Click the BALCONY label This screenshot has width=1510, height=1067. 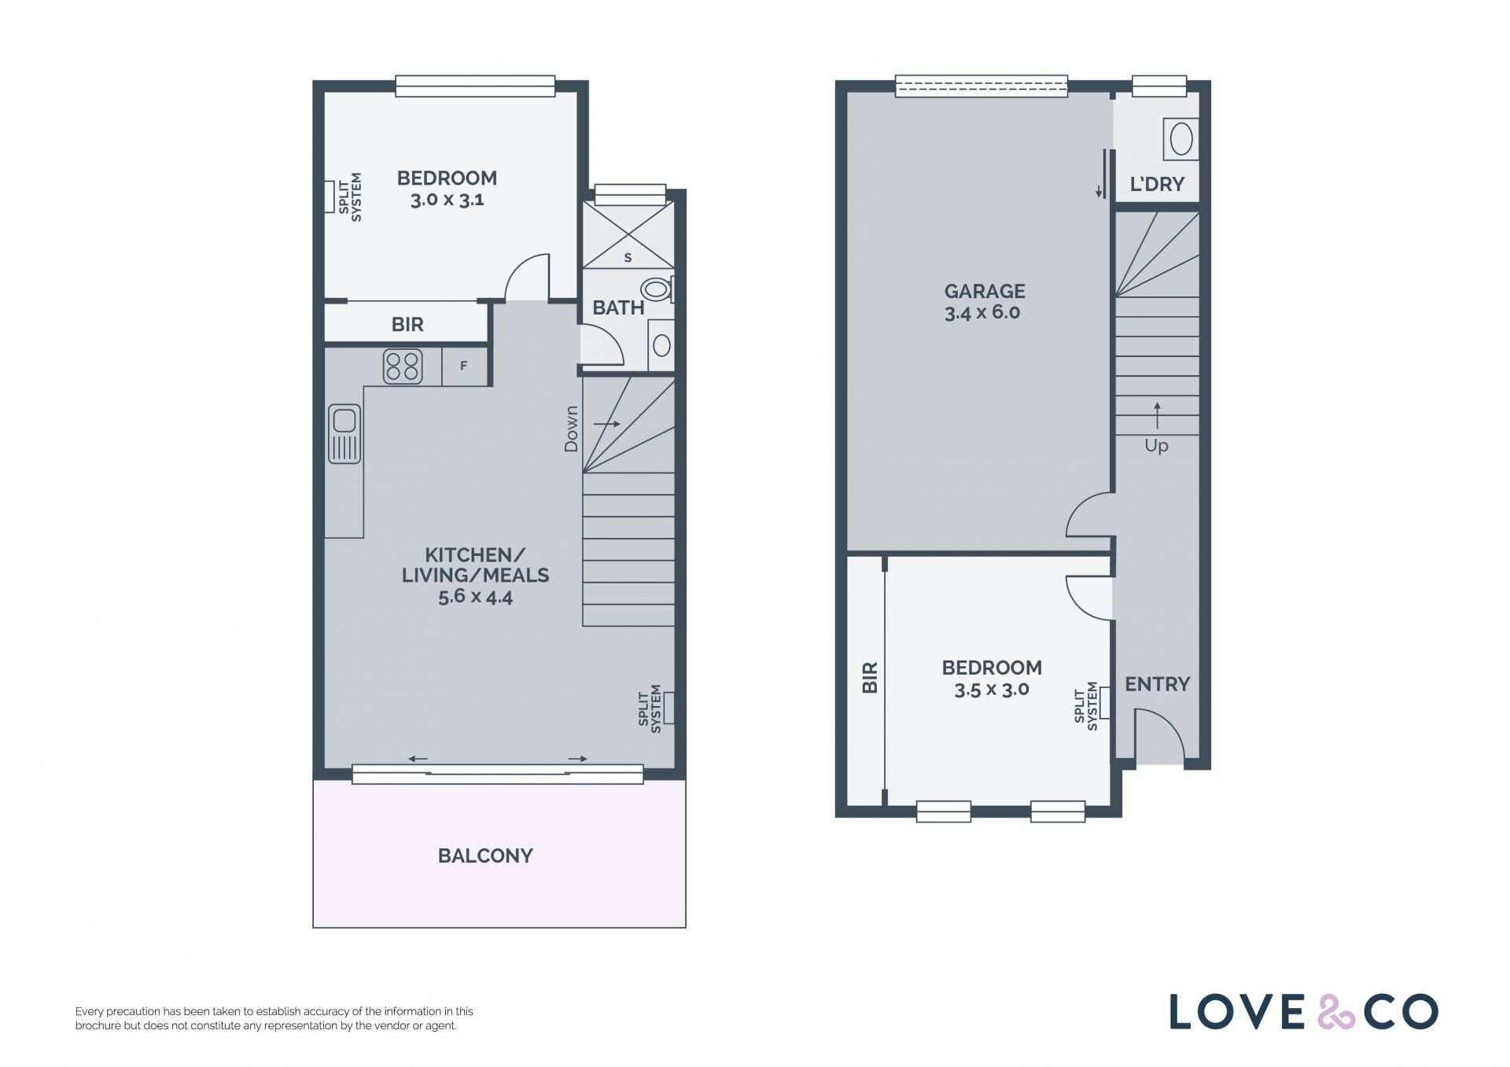tap(485, 855)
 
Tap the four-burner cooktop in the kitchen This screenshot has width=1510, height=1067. tap(403, 366)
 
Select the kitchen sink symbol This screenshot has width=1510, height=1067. tap(344, 433)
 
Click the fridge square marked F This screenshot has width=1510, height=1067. tap(464, 366)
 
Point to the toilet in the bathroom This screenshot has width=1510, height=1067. tap(657, 290)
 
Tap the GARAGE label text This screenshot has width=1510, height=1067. tap(985, 292)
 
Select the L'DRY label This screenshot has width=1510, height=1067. tap(1157, 184)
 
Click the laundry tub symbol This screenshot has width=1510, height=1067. tap(1180, 140)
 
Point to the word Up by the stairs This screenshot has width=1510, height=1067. tap(1156, 445)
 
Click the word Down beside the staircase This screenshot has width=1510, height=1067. tap(571, 429)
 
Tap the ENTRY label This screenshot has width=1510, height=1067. tap(1157, 684)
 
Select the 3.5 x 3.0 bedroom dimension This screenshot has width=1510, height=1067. tap(992, 690)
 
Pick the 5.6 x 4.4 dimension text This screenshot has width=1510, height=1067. tap(475, 597)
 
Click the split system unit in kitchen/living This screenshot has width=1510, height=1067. tap(669, 708)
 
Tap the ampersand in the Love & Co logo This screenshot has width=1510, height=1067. tap(1336, 1012)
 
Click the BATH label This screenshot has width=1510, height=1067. tap(618, 307)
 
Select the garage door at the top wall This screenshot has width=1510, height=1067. tap(981, 86)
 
